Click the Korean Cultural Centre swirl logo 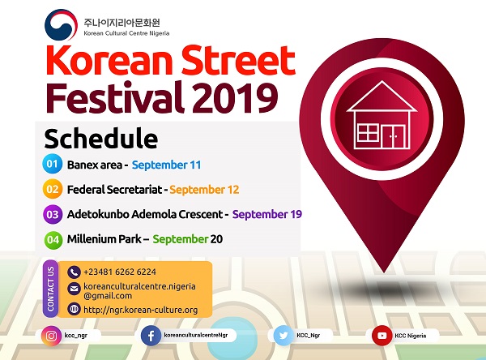point(61,25)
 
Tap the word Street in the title point(238,60)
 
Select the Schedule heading point(101,139)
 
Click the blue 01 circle point(52,164)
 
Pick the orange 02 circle point(53,189)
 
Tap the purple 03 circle point(53,214)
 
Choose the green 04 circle point(53,239)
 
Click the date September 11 point(166,165)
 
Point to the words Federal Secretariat point(115,189)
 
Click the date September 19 point(267,214)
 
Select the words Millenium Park point(104,239)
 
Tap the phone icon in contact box point(74,272)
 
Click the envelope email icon point(74,289)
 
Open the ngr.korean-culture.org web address point(141,310)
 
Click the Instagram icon point(51,336)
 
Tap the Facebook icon point(151,336)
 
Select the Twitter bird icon point(283,336)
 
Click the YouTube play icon point(382,336)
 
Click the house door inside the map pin point(393,136)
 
